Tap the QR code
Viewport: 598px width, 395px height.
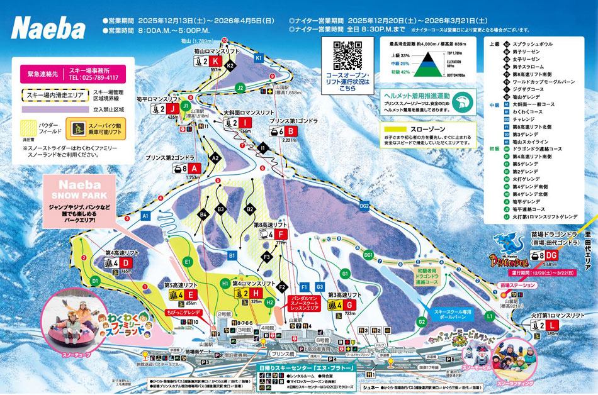pyautogui.click(x=347, y=55)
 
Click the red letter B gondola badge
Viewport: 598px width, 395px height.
pyautogui.click(x=291, y=131)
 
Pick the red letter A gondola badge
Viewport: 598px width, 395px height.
pyautogui.click(x=193, y=169)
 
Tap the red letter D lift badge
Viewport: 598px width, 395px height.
pyautogui.click(x=125, y=262)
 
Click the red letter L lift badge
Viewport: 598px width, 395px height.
pyautogui.click(x=551, y=325)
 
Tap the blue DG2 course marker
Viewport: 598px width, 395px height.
pyautogui.click(x=364, y=205)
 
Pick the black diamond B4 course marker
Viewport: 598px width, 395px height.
pyautogui.click(x=203, y=215)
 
